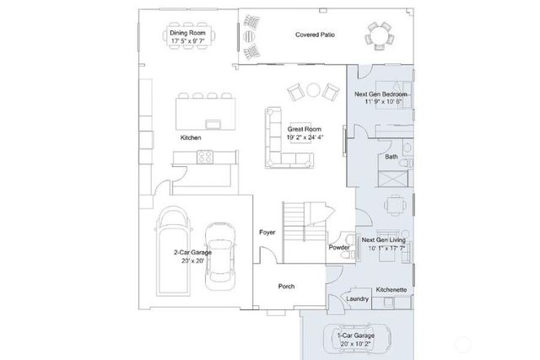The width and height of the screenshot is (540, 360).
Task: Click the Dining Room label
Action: click(188, 34)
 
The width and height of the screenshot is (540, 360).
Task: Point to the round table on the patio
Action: click(379, 37)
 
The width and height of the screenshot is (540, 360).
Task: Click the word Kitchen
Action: click(190, 137)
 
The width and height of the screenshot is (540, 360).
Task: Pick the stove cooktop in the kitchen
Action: click(204, 156)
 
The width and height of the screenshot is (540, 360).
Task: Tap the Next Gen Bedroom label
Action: click(383, 93)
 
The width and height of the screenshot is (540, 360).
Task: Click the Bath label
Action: click(391, 157)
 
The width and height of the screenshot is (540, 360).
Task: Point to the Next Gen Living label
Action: click(384, 239)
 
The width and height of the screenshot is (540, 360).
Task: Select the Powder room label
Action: click(339, 247)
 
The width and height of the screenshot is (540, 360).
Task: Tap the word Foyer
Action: click(267, 232)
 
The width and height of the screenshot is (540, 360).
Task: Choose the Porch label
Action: click(286, 287)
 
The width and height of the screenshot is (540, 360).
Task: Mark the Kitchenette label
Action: click(391, 289)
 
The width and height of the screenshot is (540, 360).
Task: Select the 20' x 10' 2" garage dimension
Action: click(354, 343)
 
